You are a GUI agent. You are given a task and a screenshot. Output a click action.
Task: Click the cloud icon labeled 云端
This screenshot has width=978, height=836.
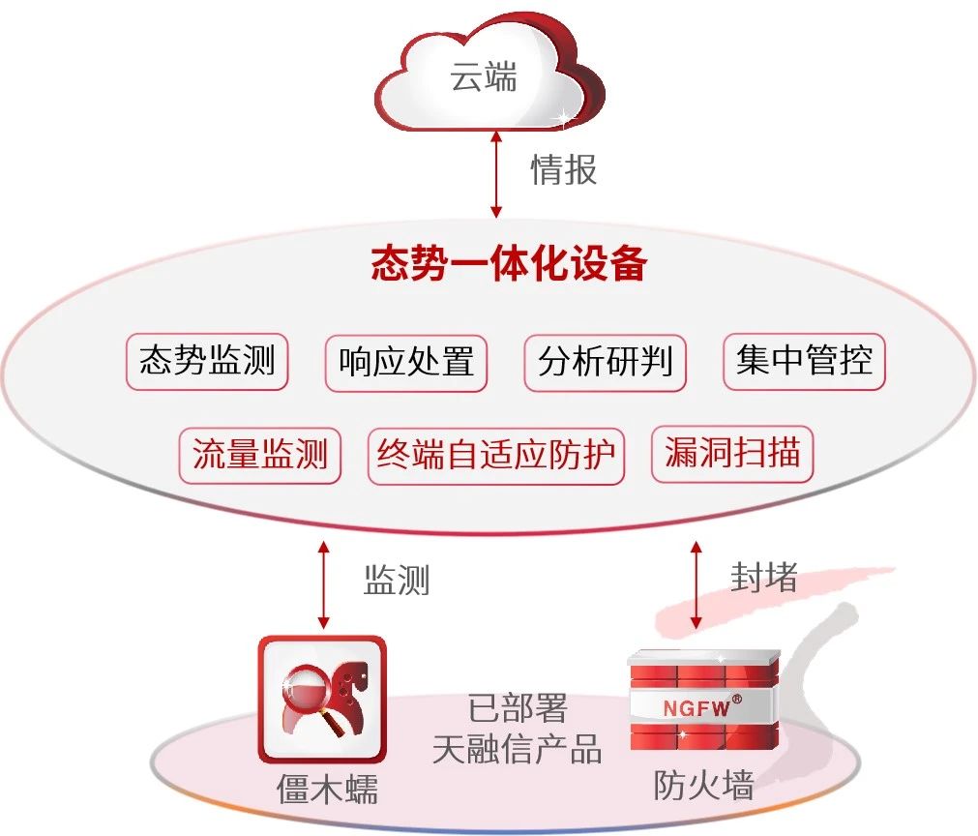[484, 77]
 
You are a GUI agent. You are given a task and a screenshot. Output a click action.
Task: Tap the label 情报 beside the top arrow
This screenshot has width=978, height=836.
[564, 169]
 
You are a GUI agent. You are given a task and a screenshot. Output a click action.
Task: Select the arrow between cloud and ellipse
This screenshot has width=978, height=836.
[496, 175]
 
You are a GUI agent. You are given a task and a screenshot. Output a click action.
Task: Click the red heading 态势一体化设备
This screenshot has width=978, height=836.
[509, 264]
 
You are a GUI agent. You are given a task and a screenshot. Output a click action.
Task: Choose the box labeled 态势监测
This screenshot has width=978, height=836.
[207, 362]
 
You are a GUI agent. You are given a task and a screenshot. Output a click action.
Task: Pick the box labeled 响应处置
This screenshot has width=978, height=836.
[406, 363]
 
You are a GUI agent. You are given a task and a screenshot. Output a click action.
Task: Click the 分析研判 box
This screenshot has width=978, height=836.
[606, 363]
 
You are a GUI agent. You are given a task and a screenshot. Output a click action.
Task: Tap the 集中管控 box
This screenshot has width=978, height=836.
[804, 361]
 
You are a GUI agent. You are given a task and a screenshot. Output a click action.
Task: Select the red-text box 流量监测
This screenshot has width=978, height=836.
[259, 455]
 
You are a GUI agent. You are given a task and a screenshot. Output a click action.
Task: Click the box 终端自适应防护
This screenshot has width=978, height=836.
[496, 455]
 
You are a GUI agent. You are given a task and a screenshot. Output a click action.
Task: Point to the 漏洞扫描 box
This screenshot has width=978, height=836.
[733, 453]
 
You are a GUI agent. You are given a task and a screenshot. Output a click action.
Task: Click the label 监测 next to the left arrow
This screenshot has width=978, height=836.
[397, 581]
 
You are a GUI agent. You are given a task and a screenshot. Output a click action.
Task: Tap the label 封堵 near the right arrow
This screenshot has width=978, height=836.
[763, 578]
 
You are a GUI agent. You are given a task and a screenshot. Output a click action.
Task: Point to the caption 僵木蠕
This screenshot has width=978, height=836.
[327, 791]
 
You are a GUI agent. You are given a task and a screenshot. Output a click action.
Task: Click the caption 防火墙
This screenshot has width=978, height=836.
[703, 786]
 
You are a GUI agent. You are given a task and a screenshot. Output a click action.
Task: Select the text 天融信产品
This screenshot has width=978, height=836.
[518, 749]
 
